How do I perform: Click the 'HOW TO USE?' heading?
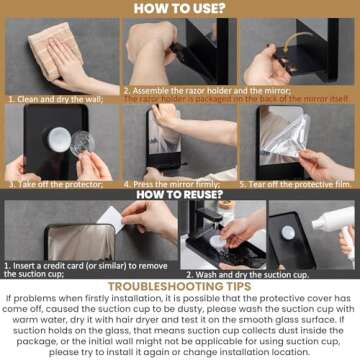pyautogui.click(x=180, y=9)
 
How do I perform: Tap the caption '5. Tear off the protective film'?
pyautogui.click(x=296, y=185)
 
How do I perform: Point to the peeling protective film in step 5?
pyautogui.click(x=310, y=135)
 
